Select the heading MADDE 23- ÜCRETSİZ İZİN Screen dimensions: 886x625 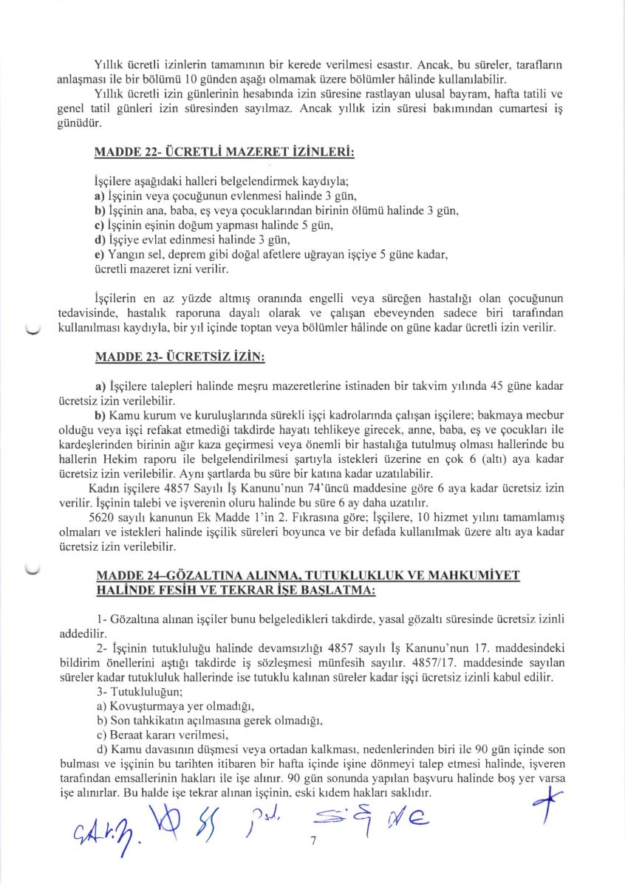pyautogui.click(x=180, y=357)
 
